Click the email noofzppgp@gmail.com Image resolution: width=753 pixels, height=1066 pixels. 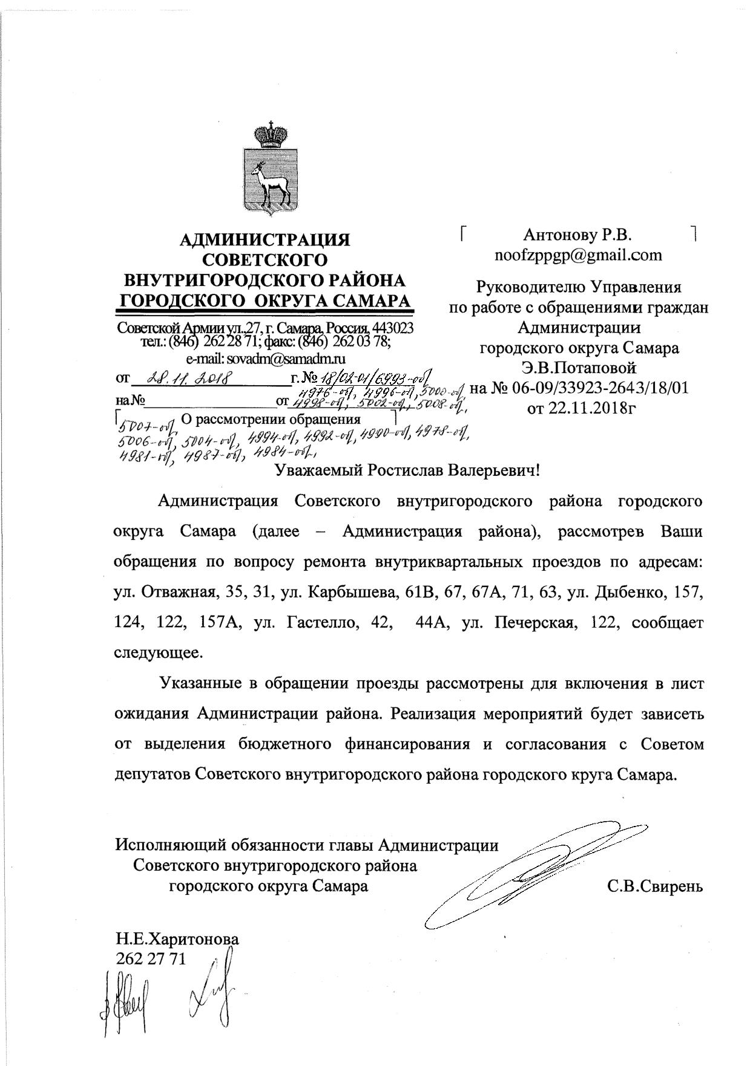pyautogui.click(x=578, y=255)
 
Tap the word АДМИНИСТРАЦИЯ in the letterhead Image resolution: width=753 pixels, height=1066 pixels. pyautogui.click(x=265, y=240)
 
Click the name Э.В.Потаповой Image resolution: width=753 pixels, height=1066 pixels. pyautogui.click(x=579, y=368)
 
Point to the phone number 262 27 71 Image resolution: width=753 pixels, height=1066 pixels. pyautogui.click(x=151, y=958)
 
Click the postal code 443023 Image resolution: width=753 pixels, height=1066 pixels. pyautogui.click(x=393, y=328)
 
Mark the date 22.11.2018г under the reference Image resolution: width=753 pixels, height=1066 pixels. pyautogui.click(x=579, y=408)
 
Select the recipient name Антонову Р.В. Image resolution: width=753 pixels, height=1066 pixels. pyautogui.click(x=578, y=235)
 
